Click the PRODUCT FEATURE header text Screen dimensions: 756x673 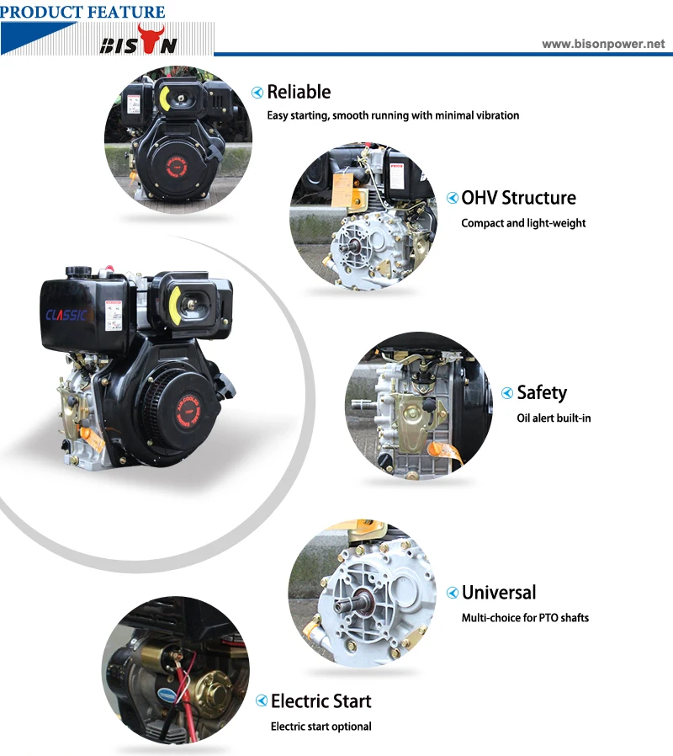click(82, 11)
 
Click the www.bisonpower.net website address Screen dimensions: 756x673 click(602, 44)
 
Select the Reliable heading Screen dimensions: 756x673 click(299, 92)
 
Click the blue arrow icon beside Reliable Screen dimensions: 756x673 click(257, 93)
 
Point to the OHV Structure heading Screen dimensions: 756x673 click(518, 198)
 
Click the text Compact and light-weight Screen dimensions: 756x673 click(523, 223)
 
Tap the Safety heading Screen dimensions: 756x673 click(542, 392)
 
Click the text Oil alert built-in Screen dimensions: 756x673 click(554, 418)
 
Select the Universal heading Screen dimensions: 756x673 click(499, 593)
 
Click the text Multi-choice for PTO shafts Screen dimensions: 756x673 click(525, 618)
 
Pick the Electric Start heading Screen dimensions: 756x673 click(321, 701)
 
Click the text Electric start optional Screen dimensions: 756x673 click(321, 727)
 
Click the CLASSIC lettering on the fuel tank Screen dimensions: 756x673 click(67, 315)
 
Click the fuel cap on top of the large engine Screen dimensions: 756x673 click(78, 271)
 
